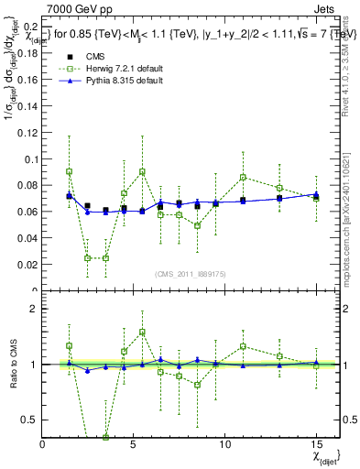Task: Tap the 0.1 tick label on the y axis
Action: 30,159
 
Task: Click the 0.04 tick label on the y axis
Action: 27,238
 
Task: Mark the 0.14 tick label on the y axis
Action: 27,106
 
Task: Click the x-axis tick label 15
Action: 315,443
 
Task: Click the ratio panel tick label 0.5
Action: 30,420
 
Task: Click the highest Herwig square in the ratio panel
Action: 142,333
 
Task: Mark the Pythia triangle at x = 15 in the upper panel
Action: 316,194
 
